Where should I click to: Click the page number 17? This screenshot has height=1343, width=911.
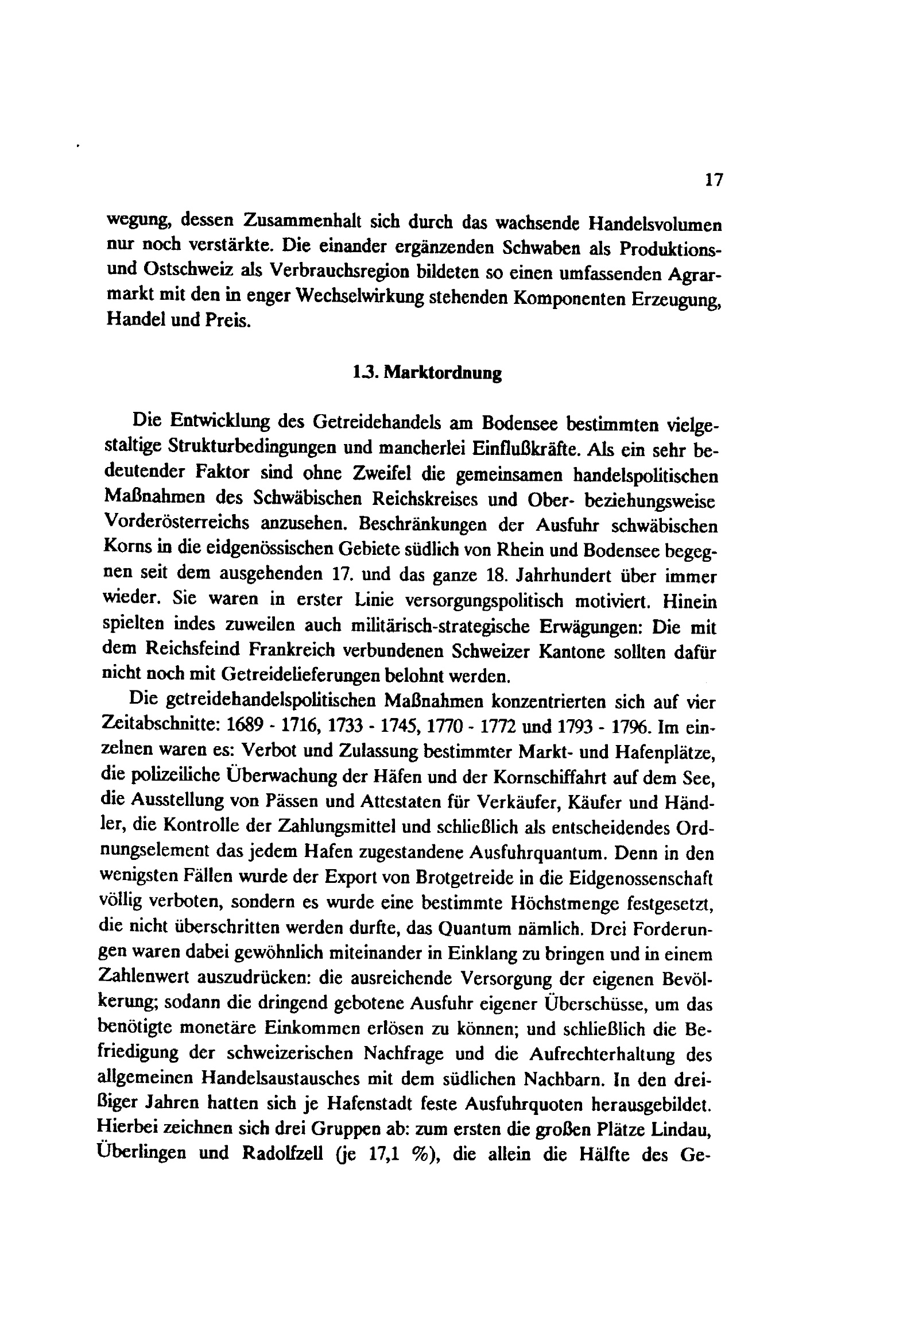(714, 180)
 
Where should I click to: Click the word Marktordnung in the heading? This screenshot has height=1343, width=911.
(443, 373)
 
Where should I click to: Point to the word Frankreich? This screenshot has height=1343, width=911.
(292, 650)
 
